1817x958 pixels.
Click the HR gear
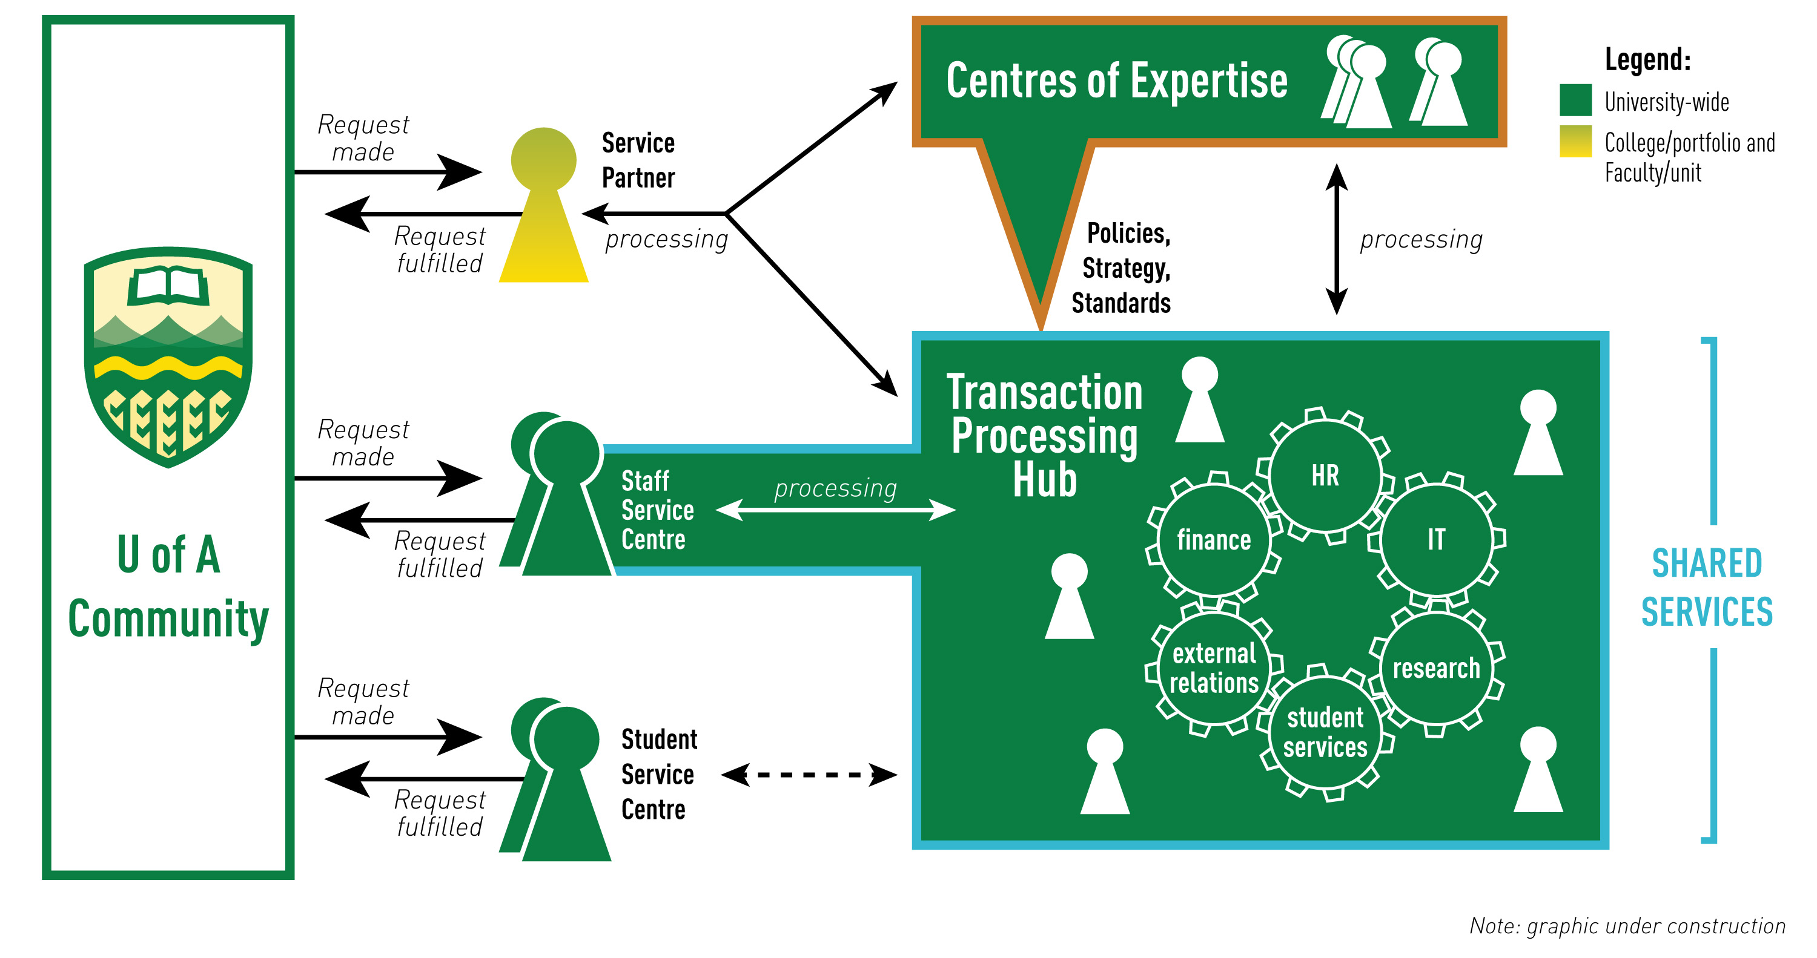(1325, 475)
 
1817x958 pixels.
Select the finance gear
(1213, 540)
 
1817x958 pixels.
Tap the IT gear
(1436, 540)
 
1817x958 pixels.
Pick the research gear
(1436, 668)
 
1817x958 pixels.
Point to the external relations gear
(1213, 668)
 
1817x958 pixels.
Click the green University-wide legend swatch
(1575, 99)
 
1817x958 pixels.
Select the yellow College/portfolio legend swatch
(1575, 141)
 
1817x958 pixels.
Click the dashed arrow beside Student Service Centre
(809, 775)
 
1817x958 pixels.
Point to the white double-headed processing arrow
(835, 509)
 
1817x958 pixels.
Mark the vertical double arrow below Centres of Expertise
(1336, 239)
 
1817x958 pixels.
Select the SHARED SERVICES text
(1706, 587)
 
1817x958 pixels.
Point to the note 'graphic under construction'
(1627, 925)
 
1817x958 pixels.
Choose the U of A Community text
(168, 586)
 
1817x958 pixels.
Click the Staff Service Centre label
(657, 510)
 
